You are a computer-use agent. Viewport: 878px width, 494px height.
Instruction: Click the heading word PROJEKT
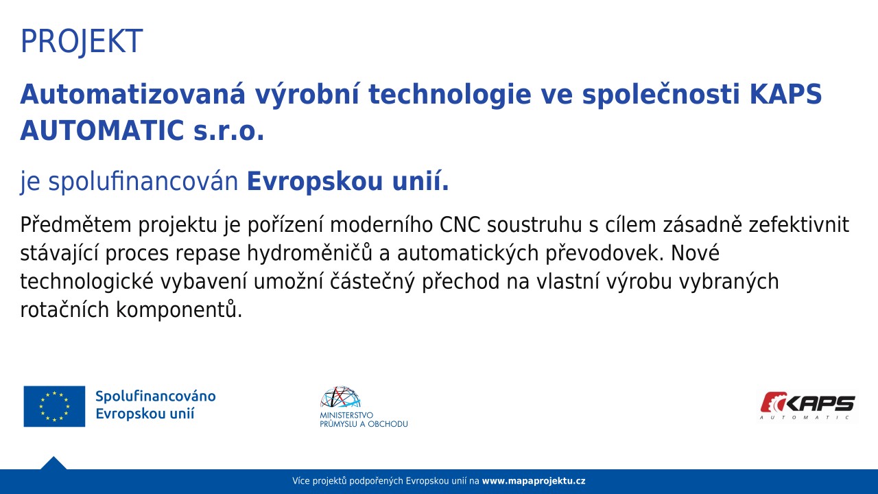click(x=82, y=41)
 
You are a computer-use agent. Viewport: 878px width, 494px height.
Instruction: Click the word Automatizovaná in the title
click(x=133, y=94)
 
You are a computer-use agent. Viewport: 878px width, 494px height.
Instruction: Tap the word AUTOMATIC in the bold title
click(x=102, y=130)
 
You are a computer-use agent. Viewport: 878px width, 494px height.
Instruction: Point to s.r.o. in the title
click(x=229, y=132)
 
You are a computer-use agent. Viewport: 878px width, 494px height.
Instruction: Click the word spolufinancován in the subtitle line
click(x=143, y=182)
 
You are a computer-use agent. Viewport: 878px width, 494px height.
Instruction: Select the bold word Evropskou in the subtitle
click(x=315, y=183)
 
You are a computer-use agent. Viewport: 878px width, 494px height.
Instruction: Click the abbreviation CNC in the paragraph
click(x=460, y=225)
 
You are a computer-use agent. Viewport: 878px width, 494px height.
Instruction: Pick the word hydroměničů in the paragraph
click(x=309, y=253)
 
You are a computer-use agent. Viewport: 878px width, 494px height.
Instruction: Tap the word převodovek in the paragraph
click(x=605, y=253)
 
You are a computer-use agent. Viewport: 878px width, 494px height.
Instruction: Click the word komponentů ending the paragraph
click(x=179, y=309)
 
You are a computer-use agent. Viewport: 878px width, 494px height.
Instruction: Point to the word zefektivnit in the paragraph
click(x=799, y=224)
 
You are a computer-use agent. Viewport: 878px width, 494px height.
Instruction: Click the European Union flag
click(x=54, y=406)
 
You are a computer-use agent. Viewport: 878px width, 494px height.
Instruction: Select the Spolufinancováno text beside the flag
click(x=156, y=397)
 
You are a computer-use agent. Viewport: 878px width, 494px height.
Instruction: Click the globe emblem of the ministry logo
click(x=340, y=397)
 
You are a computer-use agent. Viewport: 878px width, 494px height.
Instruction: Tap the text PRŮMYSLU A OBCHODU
click(x=364, y=424)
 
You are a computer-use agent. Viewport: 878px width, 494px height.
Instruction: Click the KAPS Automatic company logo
click(x=807, y=406)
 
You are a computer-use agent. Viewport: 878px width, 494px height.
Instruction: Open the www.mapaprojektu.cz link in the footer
click(x=534, y=481)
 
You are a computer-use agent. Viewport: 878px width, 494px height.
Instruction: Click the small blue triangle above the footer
click(x=54, y=463)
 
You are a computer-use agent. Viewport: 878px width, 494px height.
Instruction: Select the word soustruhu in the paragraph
click(x=534, y=225)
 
